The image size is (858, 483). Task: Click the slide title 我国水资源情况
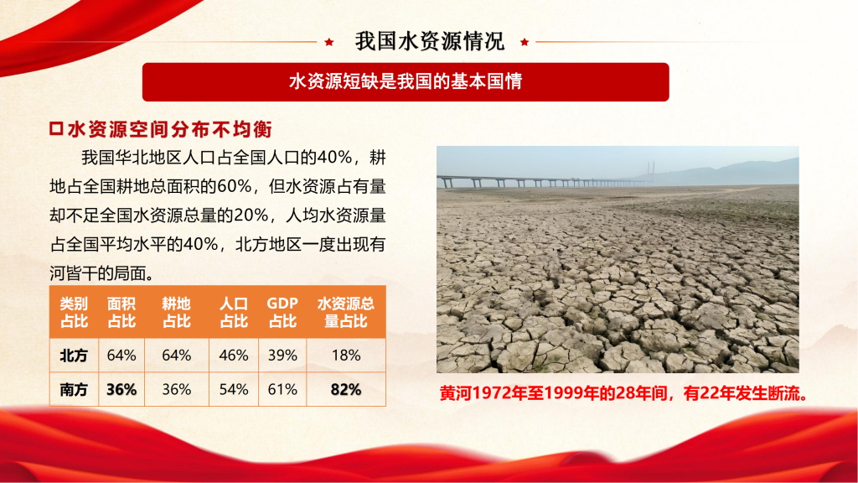coord(430,41)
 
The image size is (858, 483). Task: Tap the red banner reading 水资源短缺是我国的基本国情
coord(406,81)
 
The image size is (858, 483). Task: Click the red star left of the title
coord(328,42)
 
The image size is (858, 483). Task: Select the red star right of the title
coord(525,42)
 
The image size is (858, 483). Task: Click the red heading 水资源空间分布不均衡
coord(169,129)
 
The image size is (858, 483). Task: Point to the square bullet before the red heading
coord(56,128)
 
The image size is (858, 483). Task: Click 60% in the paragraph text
coord(235,186)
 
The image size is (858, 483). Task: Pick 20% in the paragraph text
coord(251,216)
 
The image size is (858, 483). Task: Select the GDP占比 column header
coord(282,312)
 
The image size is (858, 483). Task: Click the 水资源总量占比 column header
coord(346,312)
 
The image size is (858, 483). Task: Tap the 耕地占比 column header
coord(176,312)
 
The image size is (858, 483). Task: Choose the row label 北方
coord(74,356)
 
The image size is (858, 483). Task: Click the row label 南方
coord(74,389)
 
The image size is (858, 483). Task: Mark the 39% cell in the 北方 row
coord(282,356)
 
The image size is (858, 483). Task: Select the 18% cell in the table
coord(346,356)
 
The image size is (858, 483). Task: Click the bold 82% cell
coord(346,389)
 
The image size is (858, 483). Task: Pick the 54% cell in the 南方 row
coord(234,389)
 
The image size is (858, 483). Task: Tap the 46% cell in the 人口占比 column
coord(234,356)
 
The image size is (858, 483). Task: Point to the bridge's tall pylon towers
coord(651,171)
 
